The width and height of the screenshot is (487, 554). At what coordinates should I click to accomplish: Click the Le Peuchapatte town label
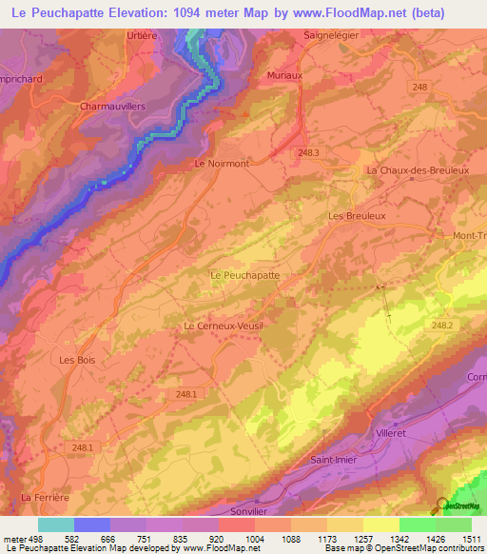[243, 274]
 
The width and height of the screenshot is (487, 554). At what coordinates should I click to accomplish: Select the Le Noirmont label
[221, 164]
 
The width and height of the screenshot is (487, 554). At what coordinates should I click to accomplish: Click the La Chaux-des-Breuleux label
[418, 170]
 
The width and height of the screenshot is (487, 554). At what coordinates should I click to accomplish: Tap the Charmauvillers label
[111, 107]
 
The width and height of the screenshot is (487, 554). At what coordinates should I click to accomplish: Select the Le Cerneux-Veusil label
[223, 326]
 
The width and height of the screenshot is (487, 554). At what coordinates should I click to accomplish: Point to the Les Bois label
[78, 360]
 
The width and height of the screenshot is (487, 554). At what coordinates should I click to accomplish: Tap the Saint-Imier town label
[334, 460]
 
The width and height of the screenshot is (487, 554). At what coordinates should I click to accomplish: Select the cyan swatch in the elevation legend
[56, 524]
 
